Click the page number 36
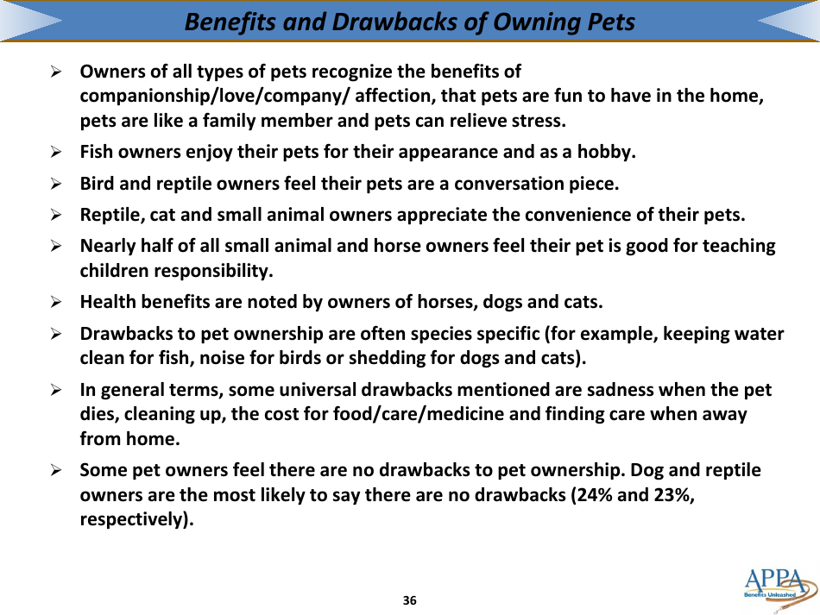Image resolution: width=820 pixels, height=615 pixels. pos(410,600)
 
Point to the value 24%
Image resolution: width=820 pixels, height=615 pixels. pos(590,495)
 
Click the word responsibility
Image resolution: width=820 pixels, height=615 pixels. pos(211,271)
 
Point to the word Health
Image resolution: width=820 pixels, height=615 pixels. pos(107,302)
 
